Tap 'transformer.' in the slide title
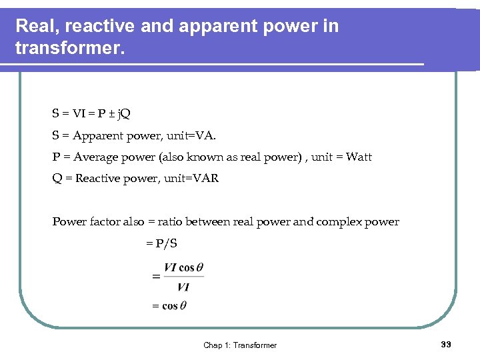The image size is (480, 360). pos(69,49)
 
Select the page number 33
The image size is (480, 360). pos(446,344)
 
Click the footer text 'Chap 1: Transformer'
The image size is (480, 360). pos(240,345)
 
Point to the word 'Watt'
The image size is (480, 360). pos(359,157)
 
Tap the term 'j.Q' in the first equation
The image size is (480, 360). pos(123,114)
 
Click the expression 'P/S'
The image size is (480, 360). pos(166,243)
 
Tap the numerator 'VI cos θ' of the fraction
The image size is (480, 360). pos(183,268)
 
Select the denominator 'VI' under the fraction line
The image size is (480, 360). pos(183,287)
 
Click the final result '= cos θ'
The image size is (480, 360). pos(169,306)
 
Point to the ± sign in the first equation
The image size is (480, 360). pos(110,114)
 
